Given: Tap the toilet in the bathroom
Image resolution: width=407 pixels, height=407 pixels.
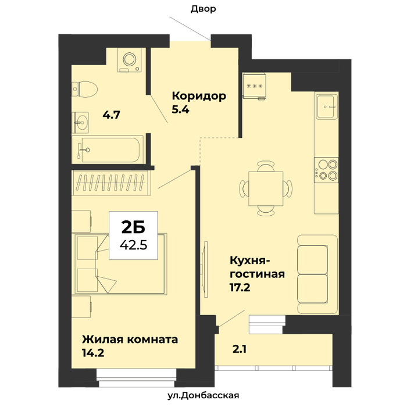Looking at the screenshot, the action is point(84,89).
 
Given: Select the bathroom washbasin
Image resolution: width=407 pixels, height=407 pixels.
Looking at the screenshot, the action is point(80,123).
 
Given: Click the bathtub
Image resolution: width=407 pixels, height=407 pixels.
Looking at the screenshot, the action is point(108,149).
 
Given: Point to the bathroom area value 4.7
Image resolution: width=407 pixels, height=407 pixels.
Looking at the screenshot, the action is point(112,115).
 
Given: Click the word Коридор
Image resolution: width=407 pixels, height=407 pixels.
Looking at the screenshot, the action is point(199,96).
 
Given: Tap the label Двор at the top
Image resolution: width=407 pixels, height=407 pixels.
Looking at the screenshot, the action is point(203,9).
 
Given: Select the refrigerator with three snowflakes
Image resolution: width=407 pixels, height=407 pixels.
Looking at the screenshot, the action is point(254,86).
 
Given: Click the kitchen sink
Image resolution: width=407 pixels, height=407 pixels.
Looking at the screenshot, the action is point(326,106).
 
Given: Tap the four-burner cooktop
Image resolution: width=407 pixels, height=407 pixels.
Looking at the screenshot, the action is point(326,170).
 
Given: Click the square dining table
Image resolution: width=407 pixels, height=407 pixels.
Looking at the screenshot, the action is point(266,188).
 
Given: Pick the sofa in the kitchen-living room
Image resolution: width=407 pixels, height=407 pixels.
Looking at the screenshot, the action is point(317,274).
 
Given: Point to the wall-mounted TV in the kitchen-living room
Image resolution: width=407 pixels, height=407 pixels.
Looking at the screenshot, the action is point(205,269).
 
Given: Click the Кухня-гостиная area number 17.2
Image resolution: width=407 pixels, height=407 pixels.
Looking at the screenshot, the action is point(240,287).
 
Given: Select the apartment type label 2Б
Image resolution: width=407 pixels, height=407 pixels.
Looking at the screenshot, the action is point(133,227).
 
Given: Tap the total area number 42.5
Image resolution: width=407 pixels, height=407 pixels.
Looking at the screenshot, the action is point(133,245).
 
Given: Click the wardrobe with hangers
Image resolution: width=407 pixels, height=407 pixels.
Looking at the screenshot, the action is point(112,183).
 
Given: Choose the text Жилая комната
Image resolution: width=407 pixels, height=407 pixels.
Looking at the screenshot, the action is point(130,340).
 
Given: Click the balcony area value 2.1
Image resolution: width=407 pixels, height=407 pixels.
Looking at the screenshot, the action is point(240,349).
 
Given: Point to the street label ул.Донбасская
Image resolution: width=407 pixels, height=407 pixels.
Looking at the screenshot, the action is point(203,395).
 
